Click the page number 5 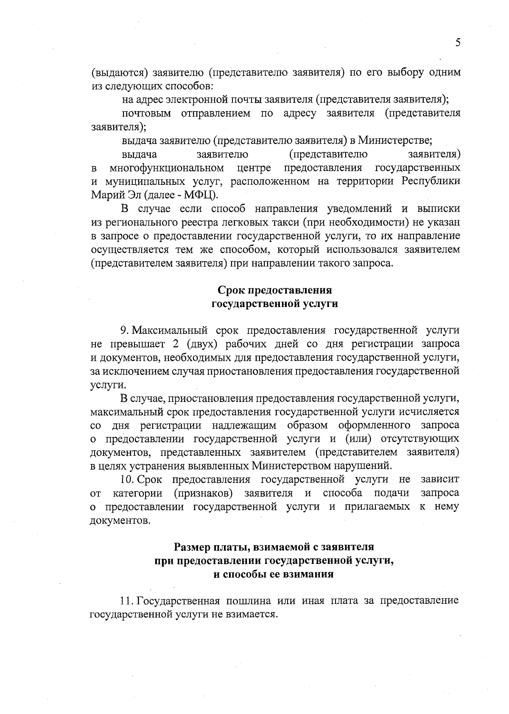point(457,43)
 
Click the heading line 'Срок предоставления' point(274,290)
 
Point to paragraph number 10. point(128,480)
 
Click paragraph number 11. point(127,601)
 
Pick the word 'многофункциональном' point(167,168)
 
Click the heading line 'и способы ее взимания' point(274,575)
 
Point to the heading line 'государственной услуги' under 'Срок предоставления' point(274,304)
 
